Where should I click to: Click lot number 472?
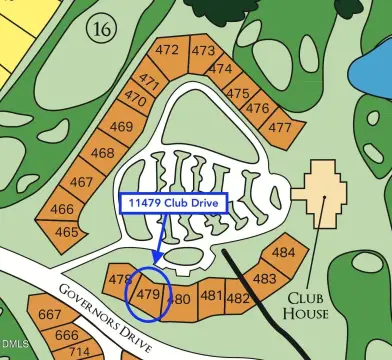[168, 51]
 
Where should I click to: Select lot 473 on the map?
[203, 51]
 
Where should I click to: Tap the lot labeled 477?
[280, 127]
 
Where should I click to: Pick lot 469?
[121, 127]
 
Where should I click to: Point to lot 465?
[66, 232]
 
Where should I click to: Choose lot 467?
[82, 182]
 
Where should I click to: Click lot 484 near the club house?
[284, 253]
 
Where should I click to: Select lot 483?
[265, 279]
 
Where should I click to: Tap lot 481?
[211, 295]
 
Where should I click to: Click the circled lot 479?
[148, 295]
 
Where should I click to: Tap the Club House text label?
[307, 305]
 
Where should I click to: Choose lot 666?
[66, 335]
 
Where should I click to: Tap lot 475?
[238, 93]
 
